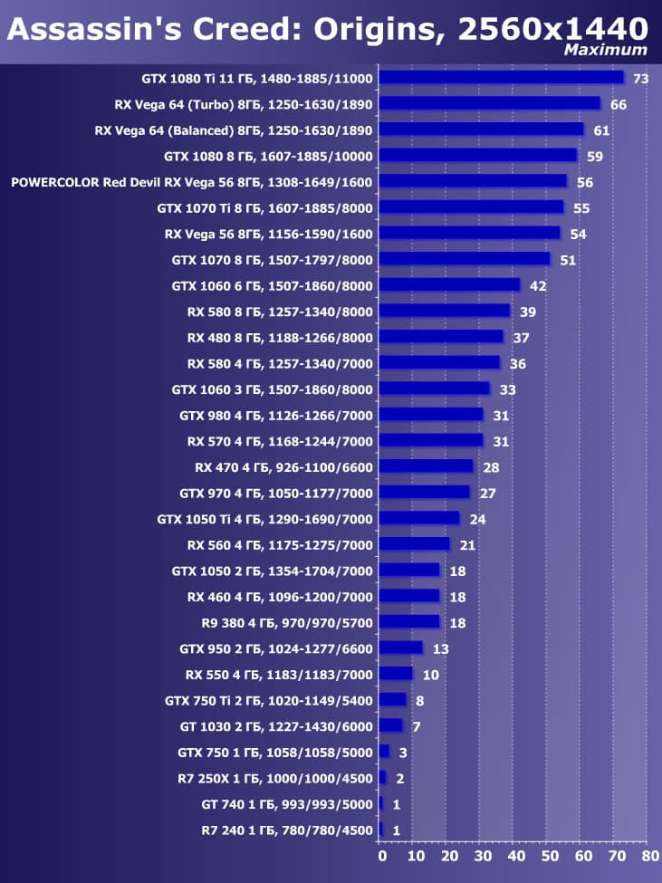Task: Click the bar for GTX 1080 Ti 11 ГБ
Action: tap(501, 78)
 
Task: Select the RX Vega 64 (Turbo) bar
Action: tap(489, 104)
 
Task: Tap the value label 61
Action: tap(601, 130)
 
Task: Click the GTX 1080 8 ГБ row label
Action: tap(268, 156)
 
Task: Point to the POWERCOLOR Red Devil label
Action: tap(191, 182)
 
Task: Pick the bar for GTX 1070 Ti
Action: tap(471, 207)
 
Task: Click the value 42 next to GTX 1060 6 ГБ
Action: tap(538, 285)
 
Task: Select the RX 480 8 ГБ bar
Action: tap(441, 337)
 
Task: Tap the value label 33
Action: tap(507, 389)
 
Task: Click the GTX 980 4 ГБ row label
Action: tap(275, 416)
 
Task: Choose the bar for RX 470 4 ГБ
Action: tap(426, 466)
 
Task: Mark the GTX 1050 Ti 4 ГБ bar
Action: tap(419, 519)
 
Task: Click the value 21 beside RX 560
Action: tap(467, 545)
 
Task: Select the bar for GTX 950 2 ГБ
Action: tap(400, 648)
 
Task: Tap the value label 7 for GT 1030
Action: tap(416, 726)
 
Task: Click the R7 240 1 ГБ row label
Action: tap(286, 830)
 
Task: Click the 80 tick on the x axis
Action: tap(647, 856)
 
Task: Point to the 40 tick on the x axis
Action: tap(513, 856)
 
